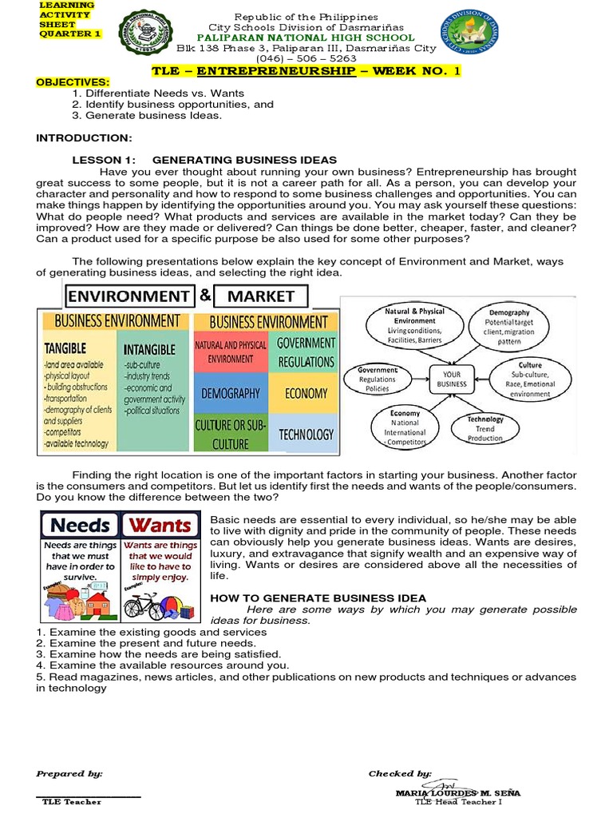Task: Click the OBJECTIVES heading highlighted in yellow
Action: pyautogui.click(x=73, y=82)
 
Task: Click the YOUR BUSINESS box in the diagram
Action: pyautogui.click(x=451, y=378)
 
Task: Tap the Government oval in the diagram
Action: pyautogui.click(x=378, y=380)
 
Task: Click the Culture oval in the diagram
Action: pyautogui.click(x=530, y=379)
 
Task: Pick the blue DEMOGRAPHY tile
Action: pyautogui.click(x=231, y=393)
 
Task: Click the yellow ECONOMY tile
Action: pyautogui.click(x=305, y=393)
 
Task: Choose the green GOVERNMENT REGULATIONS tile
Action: pyautogui.click(x=306, y=351)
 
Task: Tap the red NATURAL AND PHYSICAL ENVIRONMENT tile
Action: pyautogui.click(x=231, y=352)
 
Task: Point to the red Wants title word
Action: pyautogui.click(x=160, y=525)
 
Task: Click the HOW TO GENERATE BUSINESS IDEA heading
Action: pyautogui.click(x=318, y=598)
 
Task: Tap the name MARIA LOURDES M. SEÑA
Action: pyautogui.click(x=457, y=792)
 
